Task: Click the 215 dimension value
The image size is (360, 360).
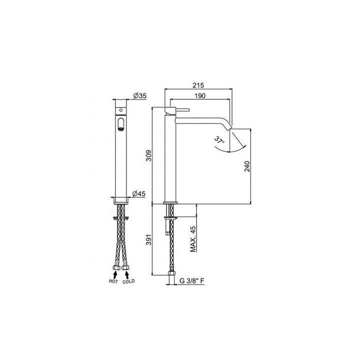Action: coord(198,85)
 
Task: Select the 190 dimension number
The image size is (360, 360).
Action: coord(199,95)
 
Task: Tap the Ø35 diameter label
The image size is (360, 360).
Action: coord(139,95)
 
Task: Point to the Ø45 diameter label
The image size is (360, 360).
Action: coord(138,194)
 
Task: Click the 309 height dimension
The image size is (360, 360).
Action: coord(149,155)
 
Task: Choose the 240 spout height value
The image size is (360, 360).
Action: coord(247,166)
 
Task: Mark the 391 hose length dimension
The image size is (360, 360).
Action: coord(149,239)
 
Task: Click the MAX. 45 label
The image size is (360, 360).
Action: coord(193,239)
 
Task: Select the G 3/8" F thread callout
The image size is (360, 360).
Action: coord(192,281)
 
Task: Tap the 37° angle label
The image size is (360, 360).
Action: coord(219,140)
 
